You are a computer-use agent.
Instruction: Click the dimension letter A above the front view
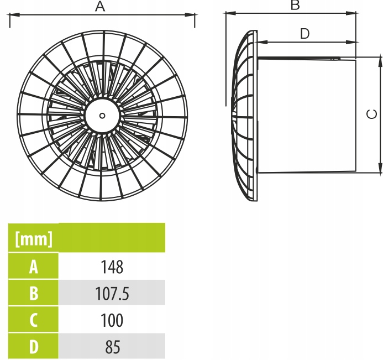point(99,7)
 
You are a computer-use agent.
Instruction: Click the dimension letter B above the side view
point(295,6)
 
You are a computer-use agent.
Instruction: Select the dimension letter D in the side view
point(305,34)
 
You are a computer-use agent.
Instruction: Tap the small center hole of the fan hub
point(102,116)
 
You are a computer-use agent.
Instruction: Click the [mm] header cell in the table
point(34,239)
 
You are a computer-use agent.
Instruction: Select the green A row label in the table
point(34,267)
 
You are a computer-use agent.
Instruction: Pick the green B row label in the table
point(34,294)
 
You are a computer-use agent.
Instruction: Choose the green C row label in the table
point(34,320)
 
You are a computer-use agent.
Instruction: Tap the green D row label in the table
point(34,347)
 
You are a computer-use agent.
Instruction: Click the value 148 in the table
point(112,267)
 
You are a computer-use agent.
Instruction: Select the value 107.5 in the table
point(112,294)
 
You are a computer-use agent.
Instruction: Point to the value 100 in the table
point(112,320)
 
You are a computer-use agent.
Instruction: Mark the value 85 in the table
point(112,347)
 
